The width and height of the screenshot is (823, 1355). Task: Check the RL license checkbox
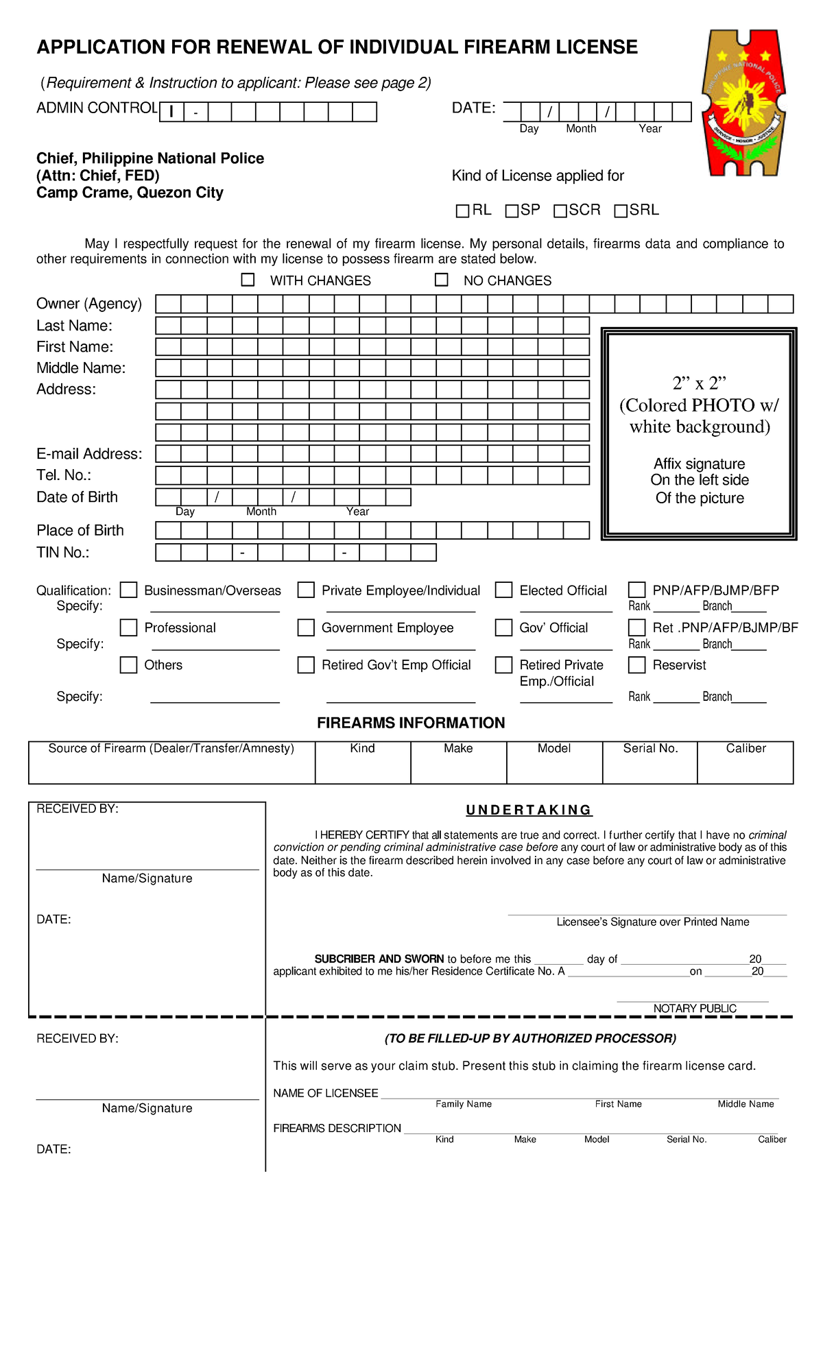tap(462, 211)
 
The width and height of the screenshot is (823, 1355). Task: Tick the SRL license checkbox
tap(621, 211)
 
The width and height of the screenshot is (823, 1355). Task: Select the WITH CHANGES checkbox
tap(248, 280)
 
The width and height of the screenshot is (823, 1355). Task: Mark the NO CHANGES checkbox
tap(442, 280)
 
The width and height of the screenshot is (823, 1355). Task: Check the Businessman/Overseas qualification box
tap(128, 590)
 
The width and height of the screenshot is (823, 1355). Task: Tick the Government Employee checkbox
tap(306, 627)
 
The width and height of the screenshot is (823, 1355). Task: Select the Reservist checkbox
tap(637, 664)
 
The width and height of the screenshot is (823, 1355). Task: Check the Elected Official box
tap(504, 590)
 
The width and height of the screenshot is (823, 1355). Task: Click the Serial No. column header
tap(650, 748)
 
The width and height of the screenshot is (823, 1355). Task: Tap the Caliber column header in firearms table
tap(746, 748)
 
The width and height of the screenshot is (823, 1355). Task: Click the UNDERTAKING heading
tap(529, 810)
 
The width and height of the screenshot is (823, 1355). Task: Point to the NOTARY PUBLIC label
tap(694, 1008)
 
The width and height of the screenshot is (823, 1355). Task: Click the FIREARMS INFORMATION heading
tap(411, 723)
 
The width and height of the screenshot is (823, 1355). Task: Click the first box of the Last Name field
tap(169, 326)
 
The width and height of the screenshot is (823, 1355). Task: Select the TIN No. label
tap(63, 553)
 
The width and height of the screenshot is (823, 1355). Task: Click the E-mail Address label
tap(89, 454)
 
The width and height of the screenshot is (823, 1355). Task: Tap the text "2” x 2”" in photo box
tap(699, 383)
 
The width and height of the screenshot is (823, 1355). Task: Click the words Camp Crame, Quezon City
tap(130, 193)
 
